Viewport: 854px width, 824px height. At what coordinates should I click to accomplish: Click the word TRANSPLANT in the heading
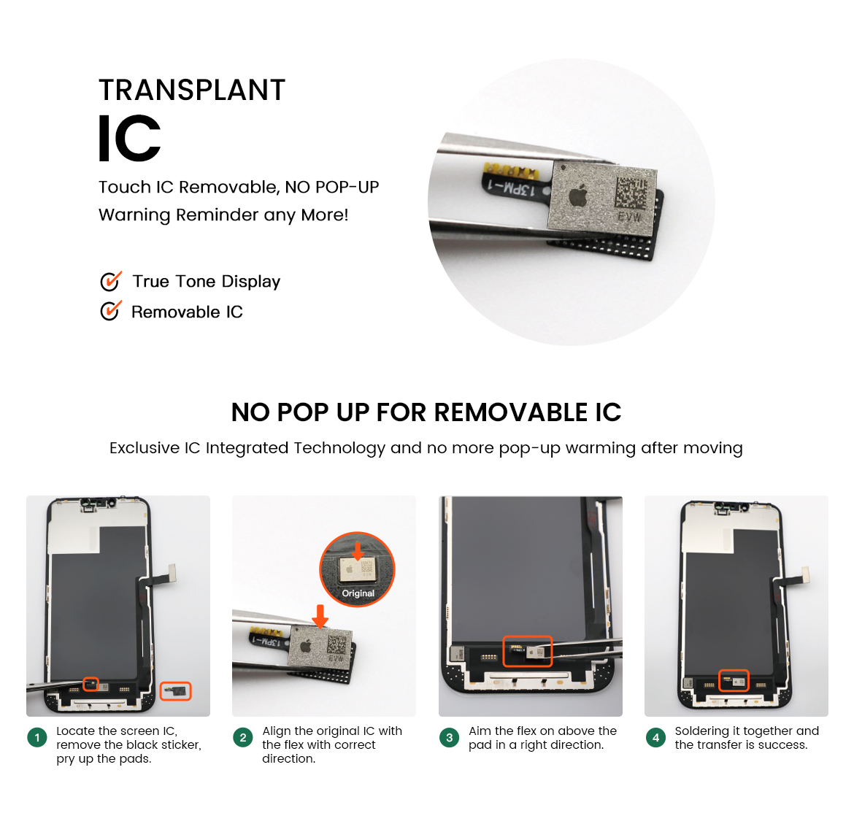[192, 90]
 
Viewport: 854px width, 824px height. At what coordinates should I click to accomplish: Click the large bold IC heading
[130, 139]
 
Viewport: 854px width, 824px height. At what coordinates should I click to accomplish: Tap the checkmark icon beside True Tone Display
[110, 281]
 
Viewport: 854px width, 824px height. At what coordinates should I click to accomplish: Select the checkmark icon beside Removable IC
[110, 311]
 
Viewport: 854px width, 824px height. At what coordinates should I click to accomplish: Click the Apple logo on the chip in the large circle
[578, 194]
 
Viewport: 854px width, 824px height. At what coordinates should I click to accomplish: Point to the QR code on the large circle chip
[631, 193]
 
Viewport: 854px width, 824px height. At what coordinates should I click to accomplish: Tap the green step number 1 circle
[37, 737]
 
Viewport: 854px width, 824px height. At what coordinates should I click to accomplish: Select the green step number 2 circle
[243, 737]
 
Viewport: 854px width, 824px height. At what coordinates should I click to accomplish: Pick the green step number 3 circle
[450, 737]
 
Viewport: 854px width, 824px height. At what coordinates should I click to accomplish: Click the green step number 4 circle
[655, 737]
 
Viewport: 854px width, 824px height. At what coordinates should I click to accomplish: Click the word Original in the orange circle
[358, 593]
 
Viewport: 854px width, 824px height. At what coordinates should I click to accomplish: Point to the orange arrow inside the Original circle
[358, 550]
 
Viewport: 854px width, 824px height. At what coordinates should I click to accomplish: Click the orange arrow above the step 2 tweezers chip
[320, 616]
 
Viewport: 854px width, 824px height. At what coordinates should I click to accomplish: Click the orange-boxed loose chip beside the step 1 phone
[175, 691]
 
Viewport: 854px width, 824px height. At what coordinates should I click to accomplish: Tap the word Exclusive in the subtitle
[145, 447]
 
